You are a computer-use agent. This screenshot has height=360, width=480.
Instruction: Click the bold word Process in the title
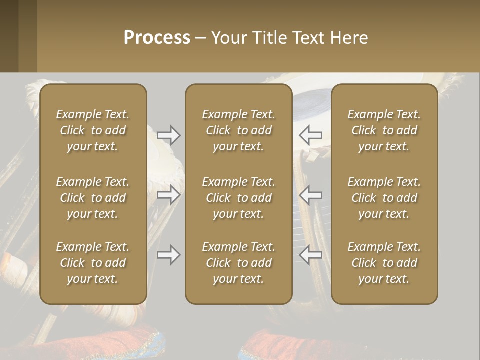pos(157,38)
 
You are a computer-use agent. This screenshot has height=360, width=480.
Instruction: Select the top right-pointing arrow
pos(168,135)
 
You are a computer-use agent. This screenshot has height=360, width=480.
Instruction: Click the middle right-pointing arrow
pos(168,195)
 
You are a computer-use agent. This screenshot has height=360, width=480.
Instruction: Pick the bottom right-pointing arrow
pos(168,255)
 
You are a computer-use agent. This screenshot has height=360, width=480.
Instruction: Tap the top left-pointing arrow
pos(311,135)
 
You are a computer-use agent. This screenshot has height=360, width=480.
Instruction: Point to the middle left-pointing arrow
pos(311,195)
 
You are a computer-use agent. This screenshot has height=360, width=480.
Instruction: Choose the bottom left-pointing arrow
pos(311,255)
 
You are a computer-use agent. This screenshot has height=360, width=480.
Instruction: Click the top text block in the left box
pos(93,130)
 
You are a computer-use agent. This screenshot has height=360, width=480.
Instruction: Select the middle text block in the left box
pos(93,198)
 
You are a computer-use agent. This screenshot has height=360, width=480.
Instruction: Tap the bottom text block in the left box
pos(93,263)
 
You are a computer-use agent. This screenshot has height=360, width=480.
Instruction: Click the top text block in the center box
pos(239,130)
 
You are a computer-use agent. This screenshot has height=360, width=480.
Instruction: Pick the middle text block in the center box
pos(239,198)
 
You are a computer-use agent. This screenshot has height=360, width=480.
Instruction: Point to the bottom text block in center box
pos(239,263)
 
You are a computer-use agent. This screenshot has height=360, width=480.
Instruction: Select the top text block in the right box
pos(384,130)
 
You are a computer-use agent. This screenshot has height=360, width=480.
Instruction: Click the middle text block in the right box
pos(384,198)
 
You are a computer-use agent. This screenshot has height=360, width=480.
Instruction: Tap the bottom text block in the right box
pos(384,263)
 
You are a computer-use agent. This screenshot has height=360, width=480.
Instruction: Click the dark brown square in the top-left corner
pos(9,36)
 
